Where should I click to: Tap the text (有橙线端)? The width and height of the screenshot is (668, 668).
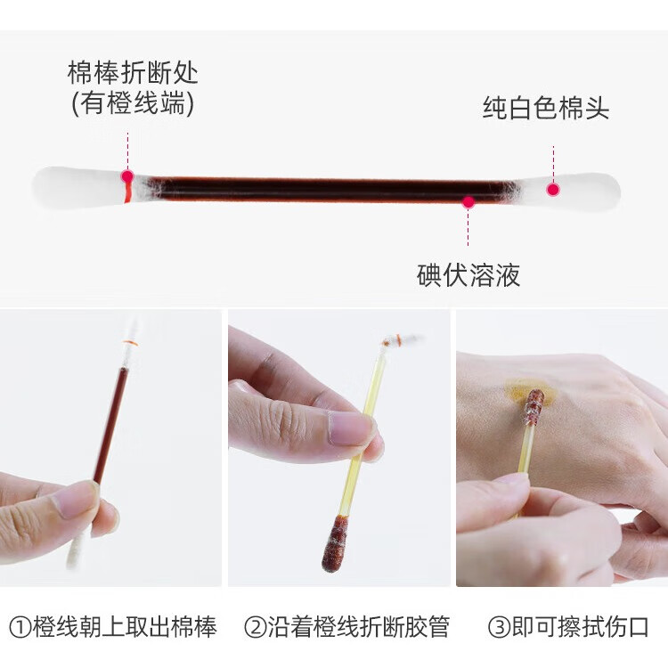(x=133, y=104)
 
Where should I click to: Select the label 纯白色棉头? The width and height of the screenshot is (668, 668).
(x=546, y=109)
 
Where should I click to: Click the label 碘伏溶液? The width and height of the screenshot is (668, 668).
(x=468, y=274)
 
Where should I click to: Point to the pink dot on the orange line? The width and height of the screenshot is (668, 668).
(x=127, y=176)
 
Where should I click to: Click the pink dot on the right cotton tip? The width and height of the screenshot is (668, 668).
(x=553, y=189)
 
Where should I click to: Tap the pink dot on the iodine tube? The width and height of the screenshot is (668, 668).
(x=468, y=202)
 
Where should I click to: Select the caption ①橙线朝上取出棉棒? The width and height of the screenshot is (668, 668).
(x=112, y=627)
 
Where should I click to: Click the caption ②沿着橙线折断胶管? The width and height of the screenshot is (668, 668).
(x=346, y=627)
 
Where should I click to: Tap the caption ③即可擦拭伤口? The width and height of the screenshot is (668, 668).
(x=568, y=627)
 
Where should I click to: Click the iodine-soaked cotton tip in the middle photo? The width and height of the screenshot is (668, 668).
(x=336, y=542)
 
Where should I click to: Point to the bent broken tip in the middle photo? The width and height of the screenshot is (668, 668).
(x=402, y=340)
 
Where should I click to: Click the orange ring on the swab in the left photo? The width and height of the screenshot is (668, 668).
(x=131, y=343)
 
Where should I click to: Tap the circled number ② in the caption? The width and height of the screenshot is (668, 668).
(x=255, y=627)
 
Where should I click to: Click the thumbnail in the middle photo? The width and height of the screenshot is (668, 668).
(x=352, y=428)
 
